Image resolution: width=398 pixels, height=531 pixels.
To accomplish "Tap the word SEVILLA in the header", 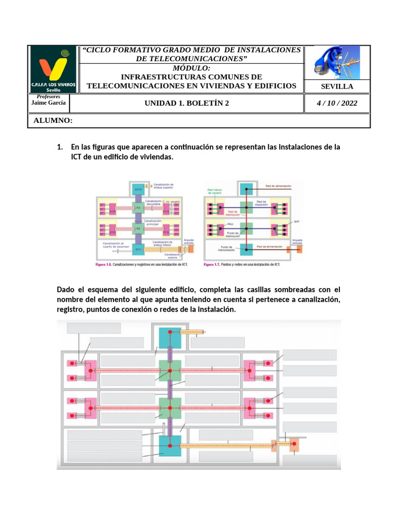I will (337, 86).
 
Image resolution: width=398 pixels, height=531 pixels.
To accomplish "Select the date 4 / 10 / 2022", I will (337, 103).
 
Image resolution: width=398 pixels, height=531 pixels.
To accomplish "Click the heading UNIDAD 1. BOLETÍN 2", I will (186, 103).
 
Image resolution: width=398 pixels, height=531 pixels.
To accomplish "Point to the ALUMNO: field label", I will (53, 121).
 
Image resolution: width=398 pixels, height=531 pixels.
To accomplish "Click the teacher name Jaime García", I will (49, 103).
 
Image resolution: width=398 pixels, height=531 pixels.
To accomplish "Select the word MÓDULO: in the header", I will (192, 68).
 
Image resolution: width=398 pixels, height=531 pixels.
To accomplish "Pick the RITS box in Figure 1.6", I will (138, 189).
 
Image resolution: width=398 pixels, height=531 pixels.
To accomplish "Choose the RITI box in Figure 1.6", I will (138, 249).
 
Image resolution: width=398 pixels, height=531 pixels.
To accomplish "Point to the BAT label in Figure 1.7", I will (296, 221).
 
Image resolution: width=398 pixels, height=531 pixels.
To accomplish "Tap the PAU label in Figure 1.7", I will (231, 224).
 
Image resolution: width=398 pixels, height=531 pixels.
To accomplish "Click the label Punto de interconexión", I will (227, 248).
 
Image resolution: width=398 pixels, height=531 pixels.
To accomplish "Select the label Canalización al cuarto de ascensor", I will (113, 245).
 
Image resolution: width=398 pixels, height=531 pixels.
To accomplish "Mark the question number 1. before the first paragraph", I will (60, 147).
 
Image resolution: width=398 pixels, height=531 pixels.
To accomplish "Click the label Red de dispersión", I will (261, 203).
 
